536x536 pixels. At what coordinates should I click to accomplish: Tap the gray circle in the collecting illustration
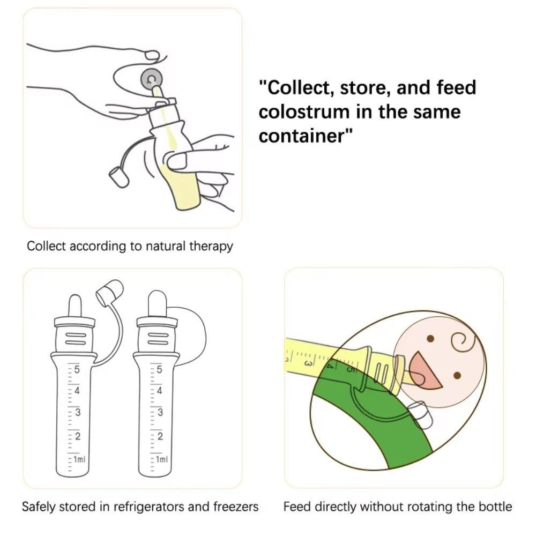point(151,80)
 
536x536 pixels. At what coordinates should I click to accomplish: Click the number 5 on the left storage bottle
point(77,369)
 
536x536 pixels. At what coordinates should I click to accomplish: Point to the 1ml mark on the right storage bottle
point(161,459)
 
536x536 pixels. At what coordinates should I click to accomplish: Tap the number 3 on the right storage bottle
point(159,413)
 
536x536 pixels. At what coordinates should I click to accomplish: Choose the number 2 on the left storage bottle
point(77,436)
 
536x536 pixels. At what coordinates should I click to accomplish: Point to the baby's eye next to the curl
point(430,339)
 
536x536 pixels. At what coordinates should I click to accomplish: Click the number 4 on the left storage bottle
point(77,391)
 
